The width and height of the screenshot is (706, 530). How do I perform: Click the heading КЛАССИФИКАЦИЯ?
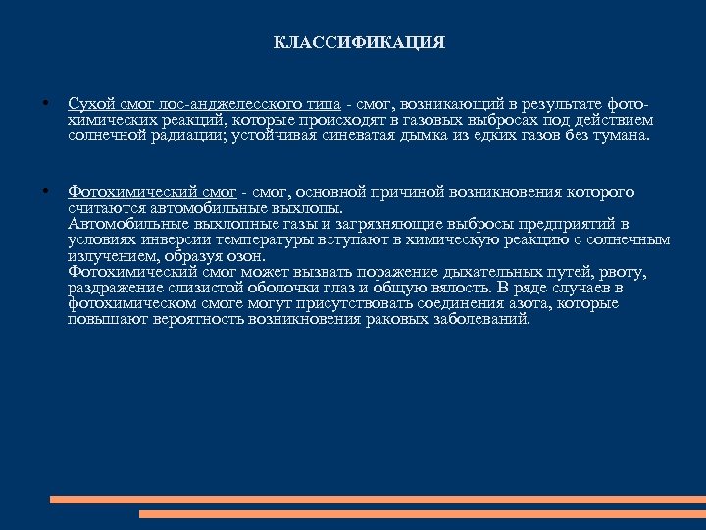click(359, 43)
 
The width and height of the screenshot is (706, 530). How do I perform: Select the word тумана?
click(619, 134)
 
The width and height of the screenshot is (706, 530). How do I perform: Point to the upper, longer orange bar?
click(377, 500)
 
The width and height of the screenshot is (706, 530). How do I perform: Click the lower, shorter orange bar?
click(422, 513)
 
